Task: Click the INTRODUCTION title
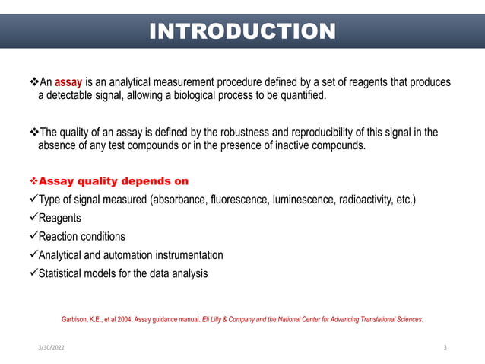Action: tap(242, 31)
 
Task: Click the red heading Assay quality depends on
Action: tap(113, 182)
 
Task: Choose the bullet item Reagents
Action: tap(60, 219)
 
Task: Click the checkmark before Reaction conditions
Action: tap(32, 237)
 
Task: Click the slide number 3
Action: tap(445, 347)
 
